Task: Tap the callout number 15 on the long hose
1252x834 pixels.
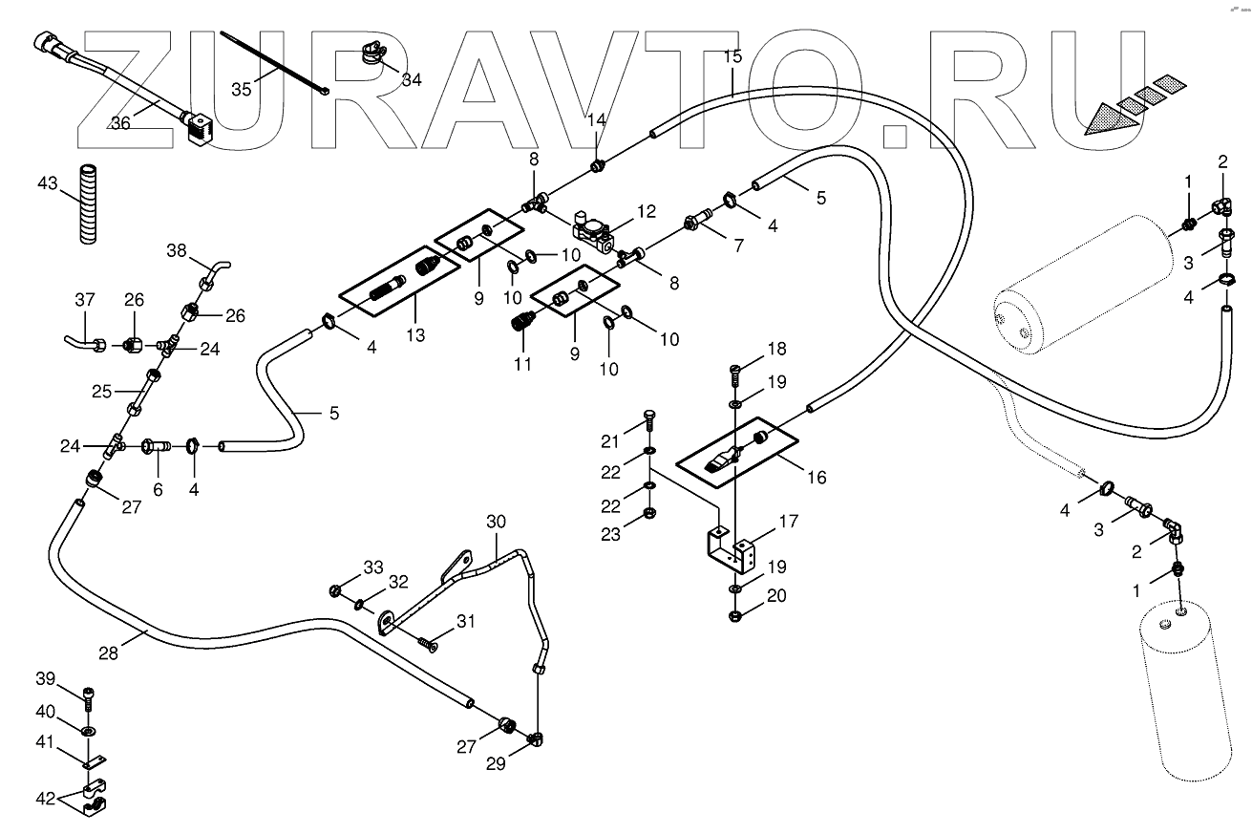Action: (732, 57)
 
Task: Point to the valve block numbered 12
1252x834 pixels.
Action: (594, 229)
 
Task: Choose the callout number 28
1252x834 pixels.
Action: (109, 653)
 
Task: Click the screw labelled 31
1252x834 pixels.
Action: (427, 645)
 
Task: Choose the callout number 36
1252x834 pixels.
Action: (120, 122)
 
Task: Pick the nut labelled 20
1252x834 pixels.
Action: (735, 616)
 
